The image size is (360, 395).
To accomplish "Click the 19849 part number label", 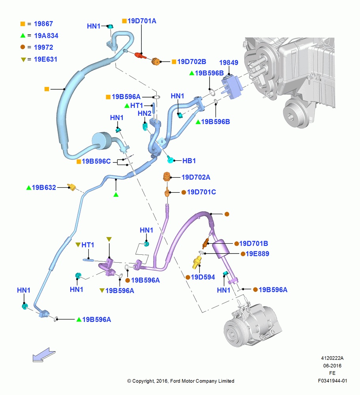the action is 229,62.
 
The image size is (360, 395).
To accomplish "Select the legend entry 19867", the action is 43,24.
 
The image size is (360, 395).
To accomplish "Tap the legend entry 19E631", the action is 45,59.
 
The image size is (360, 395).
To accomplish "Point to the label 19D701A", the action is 142,21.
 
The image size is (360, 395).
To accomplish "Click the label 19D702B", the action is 191,62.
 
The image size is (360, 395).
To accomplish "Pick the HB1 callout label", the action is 189,161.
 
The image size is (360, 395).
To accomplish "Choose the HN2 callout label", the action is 144,114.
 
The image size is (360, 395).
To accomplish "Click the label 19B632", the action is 44,187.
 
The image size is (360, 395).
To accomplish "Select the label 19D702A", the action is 196,177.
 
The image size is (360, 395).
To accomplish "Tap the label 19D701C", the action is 201,192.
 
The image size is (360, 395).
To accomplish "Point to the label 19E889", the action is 257,254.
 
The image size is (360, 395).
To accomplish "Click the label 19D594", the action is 203,277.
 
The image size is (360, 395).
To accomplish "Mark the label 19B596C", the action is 96,161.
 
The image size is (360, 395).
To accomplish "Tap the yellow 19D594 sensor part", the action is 197,262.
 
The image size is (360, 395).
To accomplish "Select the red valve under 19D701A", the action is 140,55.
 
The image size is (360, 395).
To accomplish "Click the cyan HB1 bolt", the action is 171,159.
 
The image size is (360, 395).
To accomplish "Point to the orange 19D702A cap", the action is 167,177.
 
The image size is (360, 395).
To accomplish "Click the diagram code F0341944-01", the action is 332,381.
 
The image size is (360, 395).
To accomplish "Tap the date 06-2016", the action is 332,365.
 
